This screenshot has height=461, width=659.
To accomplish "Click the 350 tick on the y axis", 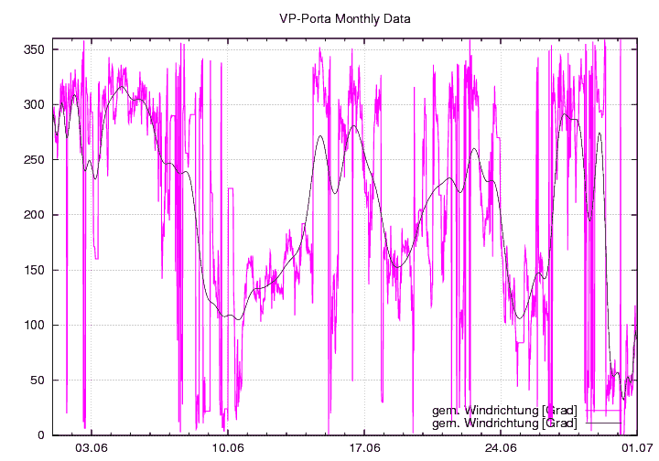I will pos(35,49).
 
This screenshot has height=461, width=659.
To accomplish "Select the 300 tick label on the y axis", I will pos(35,104).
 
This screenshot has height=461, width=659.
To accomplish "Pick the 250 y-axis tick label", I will pos(35,159).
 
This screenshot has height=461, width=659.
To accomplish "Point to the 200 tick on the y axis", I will pos(35,215).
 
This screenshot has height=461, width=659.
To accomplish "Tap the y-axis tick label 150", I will pos(35,270).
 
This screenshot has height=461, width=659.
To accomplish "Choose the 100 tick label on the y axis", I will pos(35,325).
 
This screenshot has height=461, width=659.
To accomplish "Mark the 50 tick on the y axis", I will pos(38,380).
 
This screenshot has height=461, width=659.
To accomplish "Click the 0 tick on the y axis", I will pos(42,435).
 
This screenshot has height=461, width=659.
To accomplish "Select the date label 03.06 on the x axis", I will pos(92,448).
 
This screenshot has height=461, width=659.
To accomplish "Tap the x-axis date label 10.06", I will pos(228,448).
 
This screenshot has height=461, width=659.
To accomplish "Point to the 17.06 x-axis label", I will pos(364,448).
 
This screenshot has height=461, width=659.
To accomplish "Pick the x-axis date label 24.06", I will pos(501,448).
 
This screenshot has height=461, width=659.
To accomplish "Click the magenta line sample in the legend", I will pos(603,411).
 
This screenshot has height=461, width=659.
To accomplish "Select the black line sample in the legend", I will pos(603,423).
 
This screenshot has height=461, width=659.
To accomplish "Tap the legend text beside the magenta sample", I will pos(504,411).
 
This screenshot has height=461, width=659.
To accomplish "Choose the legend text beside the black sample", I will pos(504,423).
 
